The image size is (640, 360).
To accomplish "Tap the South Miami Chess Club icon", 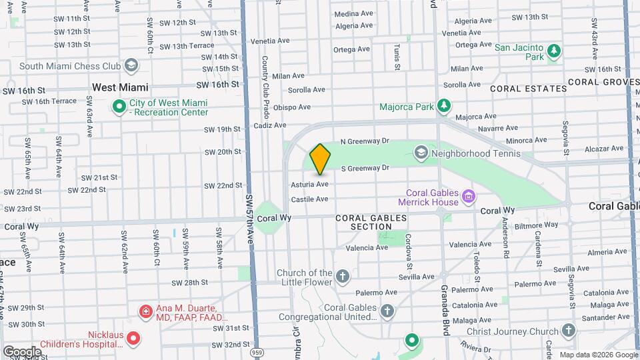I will click(131, 65).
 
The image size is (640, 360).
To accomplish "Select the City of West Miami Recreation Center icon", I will click(119, 107).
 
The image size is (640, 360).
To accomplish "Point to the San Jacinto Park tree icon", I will click(553, 51).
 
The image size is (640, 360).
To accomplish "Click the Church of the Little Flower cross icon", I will click(342, 277).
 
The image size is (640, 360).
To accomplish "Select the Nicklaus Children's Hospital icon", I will click(133, 339).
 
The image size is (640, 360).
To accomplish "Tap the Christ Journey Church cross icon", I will click(568, 331).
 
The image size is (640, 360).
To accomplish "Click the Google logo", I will click(22, 351).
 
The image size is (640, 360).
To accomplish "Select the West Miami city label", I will click(120, 87).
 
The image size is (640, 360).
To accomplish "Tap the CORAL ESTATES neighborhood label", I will click(529, 88).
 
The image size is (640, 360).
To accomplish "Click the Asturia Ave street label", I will click(309, 184).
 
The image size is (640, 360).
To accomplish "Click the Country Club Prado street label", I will click(265, 75).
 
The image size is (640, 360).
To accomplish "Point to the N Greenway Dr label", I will click(365, 141).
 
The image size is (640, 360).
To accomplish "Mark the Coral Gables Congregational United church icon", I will click(387, 311).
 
